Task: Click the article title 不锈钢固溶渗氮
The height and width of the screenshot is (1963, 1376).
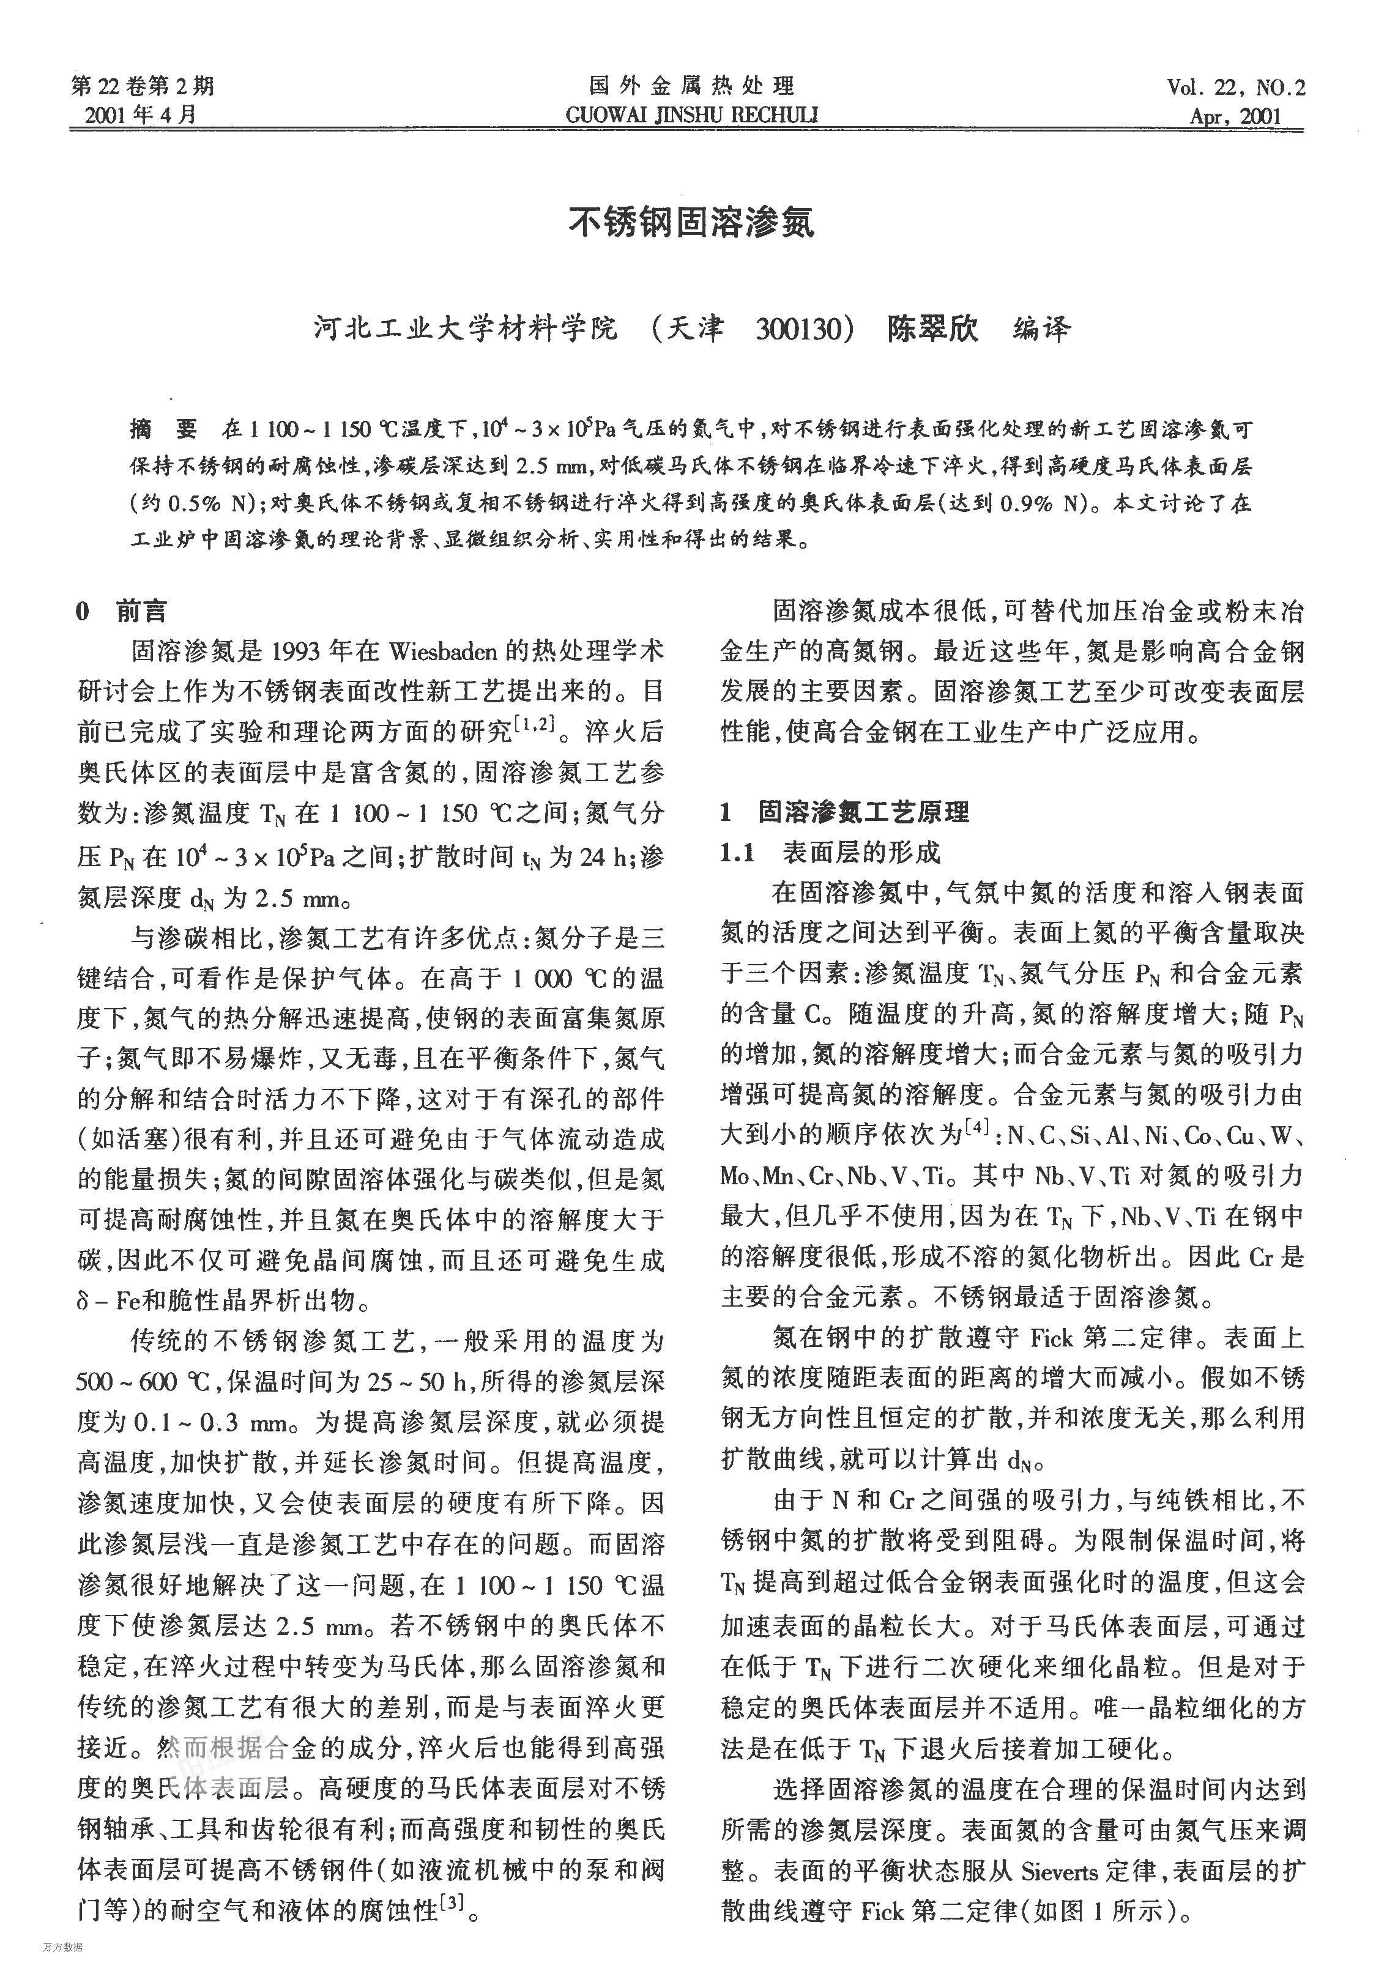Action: point(691,221)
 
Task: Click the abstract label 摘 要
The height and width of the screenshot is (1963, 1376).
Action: point(163,428)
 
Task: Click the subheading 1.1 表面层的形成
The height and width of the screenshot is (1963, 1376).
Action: point(830,852)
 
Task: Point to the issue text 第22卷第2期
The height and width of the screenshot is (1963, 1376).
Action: point(143,86)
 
